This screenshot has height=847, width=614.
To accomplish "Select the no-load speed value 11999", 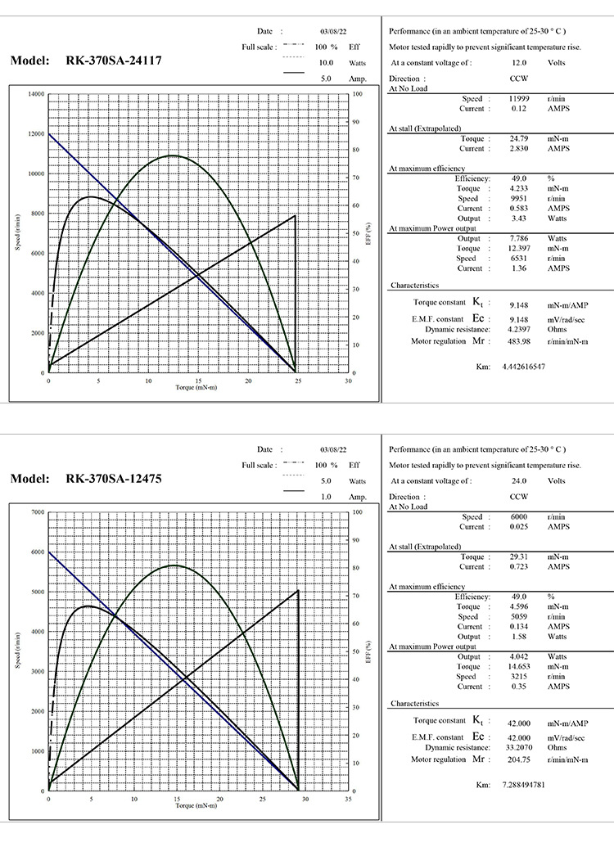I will tap(519, 98).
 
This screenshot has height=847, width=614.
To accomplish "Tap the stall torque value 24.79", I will tap(518, 139).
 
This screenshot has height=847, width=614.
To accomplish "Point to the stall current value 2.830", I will tap(518, 149).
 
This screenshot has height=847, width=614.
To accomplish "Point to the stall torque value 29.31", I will tap(518, 556).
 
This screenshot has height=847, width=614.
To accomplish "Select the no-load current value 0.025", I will tap(518, 526).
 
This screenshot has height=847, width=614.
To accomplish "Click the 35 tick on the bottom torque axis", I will tap(348, 799).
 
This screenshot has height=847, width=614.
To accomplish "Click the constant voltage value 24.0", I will tap(518, 481).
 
